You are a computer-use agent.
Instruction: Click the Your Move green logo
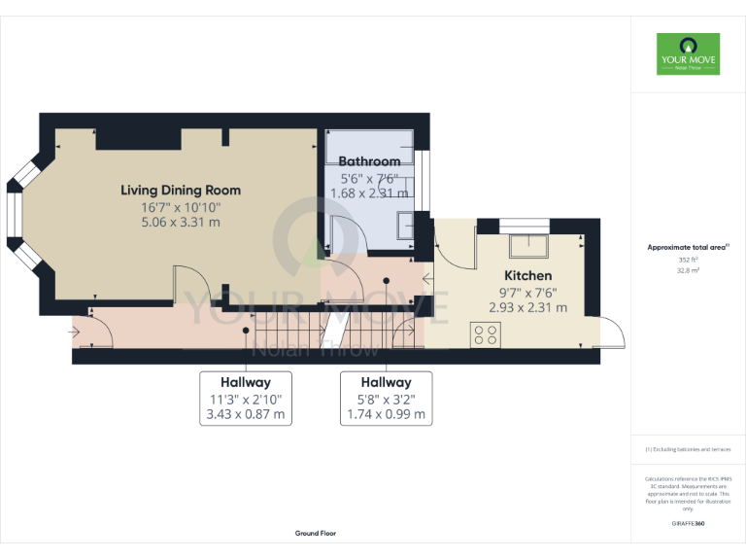pyautogui.click(x=688, y=53)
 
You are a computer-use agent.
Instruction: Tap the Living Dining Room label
pyautogui.click(x=181, y=190)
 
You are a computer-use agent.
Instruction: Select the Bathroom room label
pyautogui.click(x=369, y=161)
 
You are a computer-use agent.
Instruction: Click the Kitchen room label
pyautogui.click(x=527, y=276)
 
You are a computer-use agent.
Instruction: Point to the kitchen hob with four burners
pyautogui.click(x=486, y=334)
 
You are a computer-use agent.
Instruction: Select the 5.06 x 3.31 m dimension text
pyautogui.click(x=181, y=222)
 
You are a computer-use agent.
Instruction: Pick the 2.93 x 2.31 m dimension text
pyautogui.click(x=527, y=307)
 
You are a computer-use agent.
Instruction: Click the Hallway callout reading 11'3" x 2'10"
pyautogui.click(x=245, y=398)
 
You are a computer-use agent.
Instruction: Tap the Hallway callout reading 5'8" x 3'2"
pyautogui.click(x=386, y=398)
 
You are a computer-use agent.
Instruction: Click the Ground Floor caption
pyautogui.click(x=316, y=534)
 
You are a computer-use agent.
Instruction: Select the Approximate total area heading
pyautogui.click(x=687, y=248)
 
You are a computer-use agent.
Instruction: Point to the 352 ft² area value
pyautogui.click(x=688, y=260)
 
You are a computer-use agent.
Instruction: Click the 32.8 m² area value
pyautogui.click(x=688, y=271)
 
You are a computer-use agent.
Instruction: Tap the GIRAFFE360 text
pyautogui.click(x=688, y=524)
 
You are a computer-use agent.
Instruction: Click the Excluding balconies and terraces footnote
pyautogui.click(x=688, y=449)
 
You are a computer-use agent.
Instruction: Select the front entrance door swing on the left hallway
pyautogui.click(x=97, y=332)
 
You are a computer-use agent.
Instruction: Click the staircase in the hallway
pyautogui.click(x=291, y=332)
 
